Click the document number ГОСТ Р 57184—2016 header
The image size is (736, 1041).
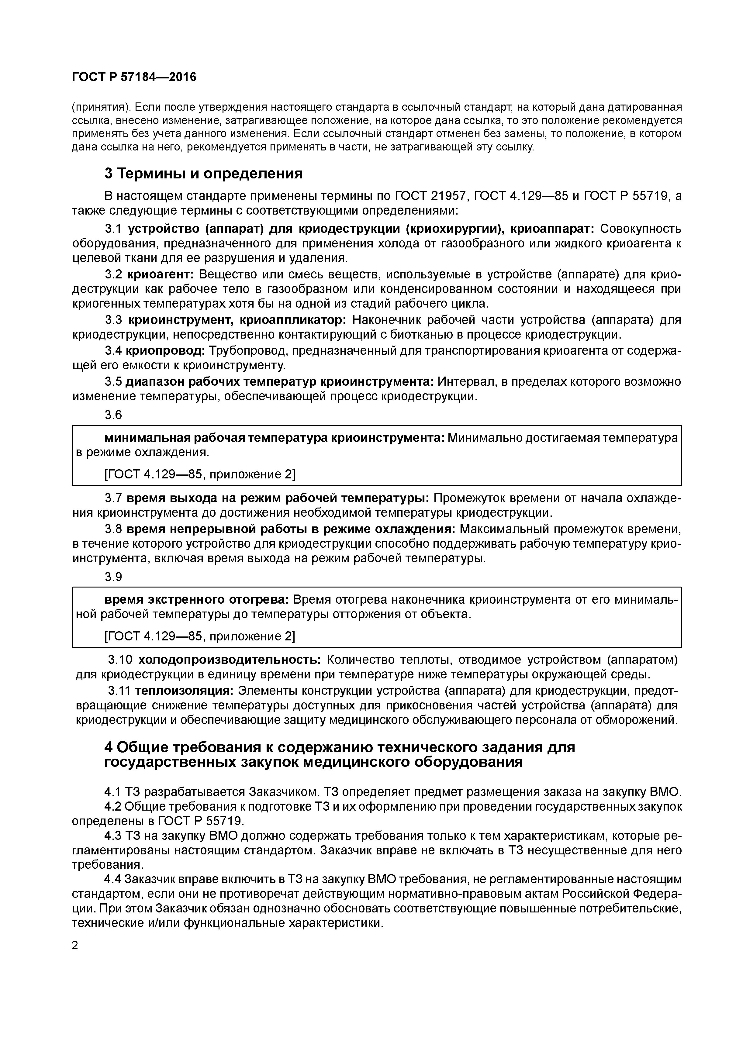tap(134, 78)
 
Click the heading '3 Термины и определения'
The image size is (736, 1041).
tap(203, 173)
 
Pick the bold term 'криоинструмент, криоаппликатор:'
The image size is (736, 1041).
tap(237, 320)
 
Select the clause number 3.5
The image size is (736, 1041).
tap(113, 382)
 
